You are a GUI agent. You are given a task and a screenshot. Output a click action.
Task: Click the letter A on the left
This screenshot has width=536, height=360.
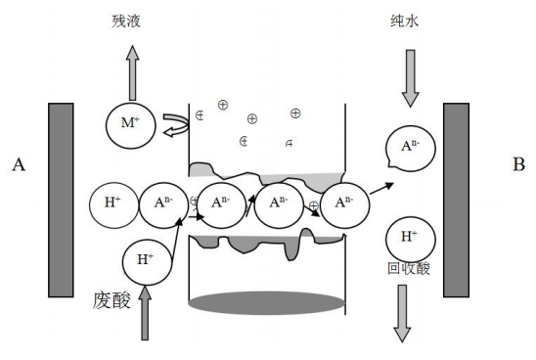coord(18,165)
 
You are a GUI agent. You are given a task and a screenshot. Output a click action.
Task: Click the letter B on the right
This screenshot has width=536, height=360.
coord(517,164)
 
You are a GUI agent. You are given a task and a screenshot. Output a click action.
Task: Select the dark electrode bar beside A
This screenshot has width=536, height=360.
coord(61,198)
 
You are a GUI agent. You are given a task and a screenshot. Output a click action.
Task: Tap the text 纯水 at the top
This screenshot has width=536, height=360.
coord(410,18)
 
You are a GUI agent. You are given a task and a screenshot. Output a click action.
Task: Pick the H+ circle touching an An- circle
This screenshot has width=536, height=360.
coord(112,203)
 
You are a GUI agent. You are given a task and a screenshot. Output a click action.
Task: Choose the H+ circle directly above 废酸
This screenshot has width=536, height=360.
coord(146,259)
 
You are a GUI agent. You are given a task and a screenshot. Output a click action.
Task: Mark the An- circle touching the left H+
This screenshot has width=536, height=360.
coord(162,203)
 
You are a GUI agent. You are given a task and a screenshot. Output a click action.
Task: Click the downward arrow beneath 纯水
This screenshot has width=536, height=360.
coord(410,76)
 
